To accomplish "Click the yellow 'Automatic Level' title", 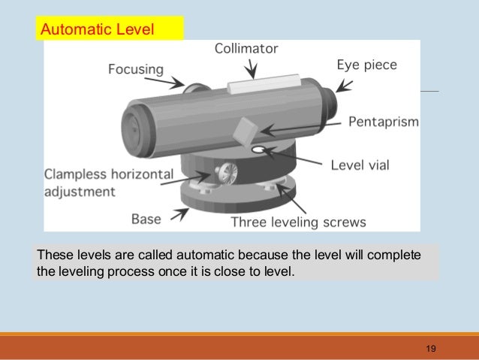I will (97, 30).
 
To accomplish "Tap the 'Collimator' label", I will (246, 49).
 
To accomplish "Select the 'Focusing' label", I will (136, 69).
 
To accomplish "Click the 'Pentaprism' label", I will (384, 121).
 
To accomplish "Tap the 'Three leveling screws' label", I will (298, 222).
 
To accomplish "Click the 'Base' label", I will (146, 219).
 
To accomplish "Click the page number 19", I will (430, 348).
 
